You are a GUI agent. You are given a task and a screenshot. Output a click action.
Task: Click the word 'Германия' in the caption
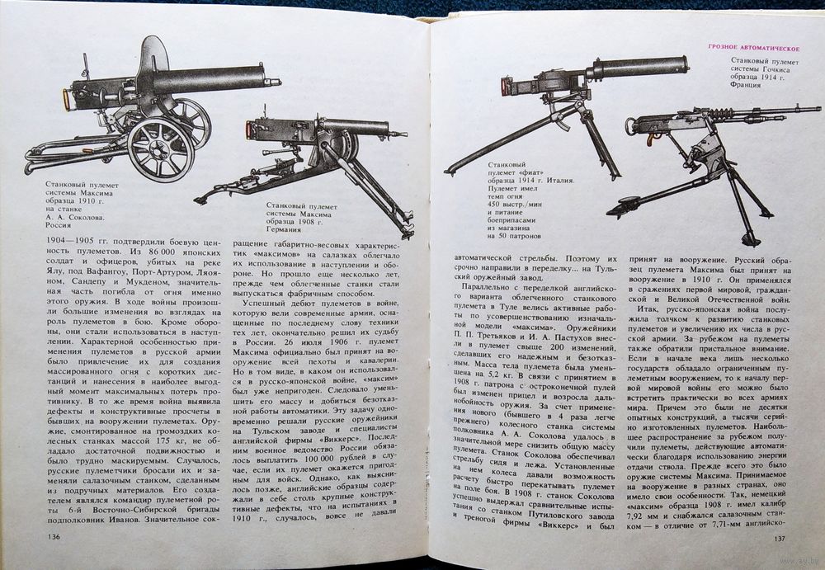click(286, 226)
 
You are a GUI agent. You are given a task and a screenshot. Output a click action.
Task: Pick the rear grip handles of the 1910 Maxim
click(64, 99)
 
